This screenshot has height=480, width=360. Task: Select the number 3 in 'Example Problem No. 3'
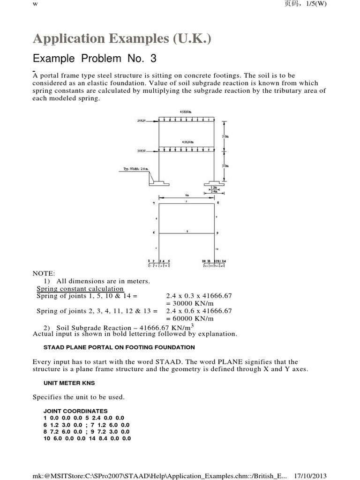coord(153,59)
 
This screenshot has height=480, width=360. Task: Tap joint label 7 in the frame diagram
coord(153,203)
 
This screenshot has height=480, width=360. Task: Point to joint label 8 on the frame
coord(218,203)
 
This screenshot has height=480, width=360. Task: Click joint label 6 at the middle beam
coord(153,232)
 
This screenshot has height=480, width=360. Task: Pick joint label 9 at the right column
coord(218,233)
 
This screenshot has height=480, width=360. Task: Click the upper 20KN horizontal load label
coord(141,120)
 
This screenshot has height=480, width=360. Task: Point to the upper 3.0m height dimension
coord(226,136)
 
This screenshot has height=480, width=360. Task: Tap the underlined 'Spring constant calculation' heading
coord(80,289)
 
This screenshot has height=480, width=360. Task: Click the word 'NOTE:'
coord(44,273)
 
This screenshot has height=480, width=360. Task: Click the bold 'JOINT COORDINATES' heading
coord(75,411)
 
